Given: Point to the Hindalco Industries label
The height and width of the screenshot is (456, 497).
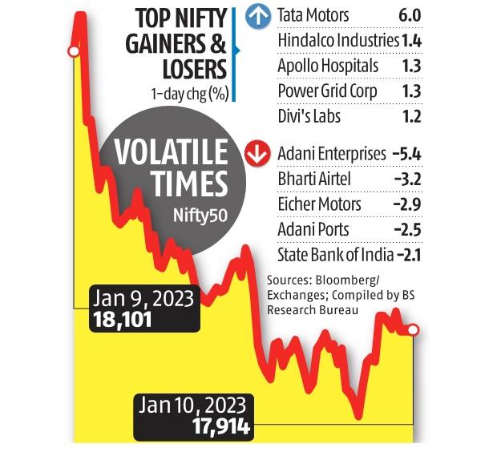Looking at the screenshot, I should (x=337, y=39).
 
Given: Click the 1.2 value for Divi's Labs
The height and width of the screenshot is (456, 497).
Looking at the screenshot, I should (x=411, y=116).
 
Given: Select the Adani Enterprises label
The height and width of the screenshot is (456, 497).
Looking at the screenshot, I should (x=329, y=153).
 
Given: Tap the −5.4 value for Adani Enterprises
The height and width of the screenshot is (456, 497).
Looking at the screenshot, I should (x=406, y=153).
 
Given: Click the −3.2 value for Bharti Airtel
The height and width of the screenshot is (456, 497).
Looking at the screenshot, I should (x=406, y=179).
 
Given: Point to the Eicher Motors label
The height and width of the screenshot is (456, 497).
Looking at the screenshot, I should (x=318, y=204).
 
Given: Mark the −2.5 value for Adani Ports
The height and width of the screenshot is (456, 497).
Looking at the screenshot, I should (x=406, y=230).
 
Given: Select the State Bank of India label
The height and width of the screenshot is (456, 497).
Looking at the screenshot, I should (x=333, y=256).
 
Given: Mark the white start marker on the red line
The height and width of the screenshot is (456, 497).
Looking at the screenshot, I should (x=73, y=52).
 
